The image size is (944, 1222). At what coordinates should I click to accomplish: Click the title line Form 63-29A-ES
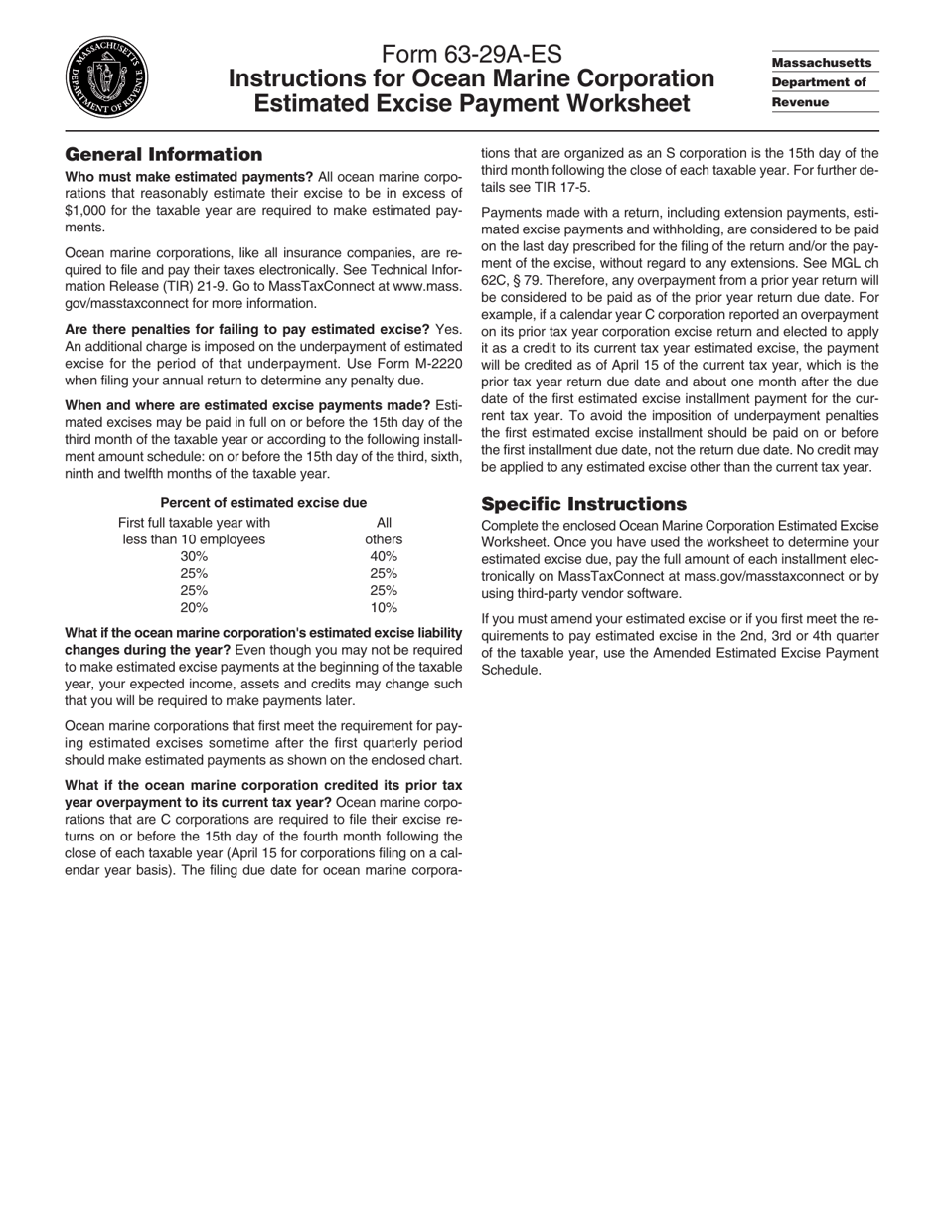[x=471, y=55]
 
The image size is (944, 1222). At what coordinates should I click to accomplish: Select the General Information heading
[x=163, y=155]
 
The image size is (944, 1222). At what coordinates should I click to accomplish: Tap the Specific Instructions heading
[x=583, y=504]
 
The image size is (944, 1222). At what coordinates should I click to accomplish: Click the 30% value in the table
[x=194, y=556]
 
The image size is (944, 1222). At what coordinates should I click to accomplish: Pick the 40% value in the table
[x=384, y=556]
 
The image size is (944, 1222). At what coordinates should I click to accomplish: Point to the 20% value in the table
[x=194, y=607]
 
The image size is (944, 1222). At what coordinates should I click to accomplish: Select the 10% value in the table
[x=384, y=607]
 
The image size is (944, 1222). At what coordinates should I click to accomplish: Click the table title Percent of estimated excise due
[x=263, y=503]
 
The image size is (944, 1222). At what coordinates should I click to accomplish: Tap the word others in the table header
[x=384, y=539]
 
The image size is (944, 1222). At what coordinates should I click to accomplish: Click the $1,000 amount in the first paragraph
[x=89, y=211]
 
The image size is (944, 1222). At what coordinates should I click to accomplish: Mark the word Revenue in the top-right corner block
[x=800, y=102]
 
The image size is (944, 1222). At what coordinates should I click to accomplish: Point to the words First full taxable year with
[x=194, y=523]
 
